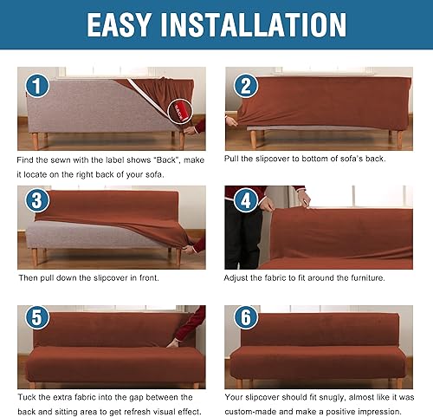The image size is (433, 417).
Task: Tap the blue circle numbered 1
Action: pyautogui.click(x=36, y=87)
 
